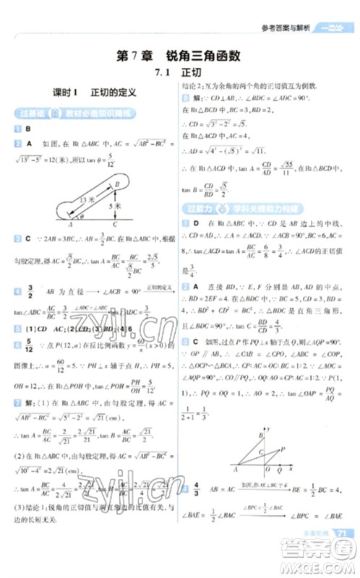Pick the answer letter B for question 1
[x=27, y=129]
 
